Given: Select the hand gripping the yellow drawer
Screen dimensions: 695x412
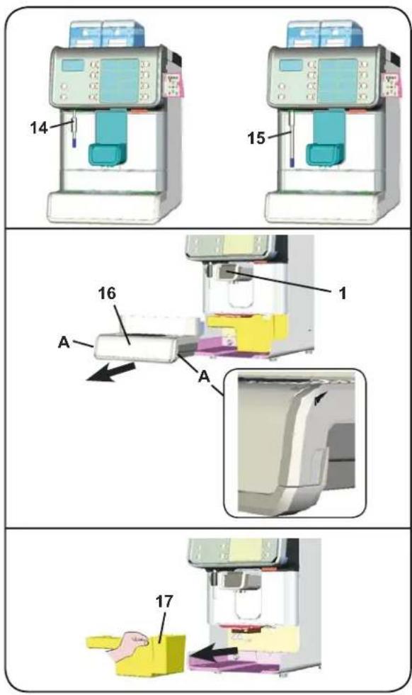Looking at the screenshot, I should pos(128,641).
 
